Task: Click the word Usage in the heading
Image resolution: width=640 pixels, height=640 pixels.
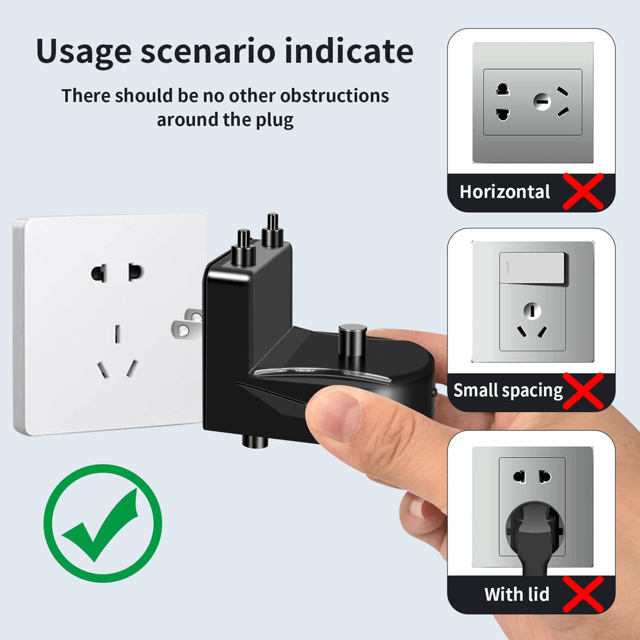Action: point(84,52)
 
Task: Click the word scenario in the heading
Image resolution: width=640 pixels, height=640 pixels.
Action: point(208,52)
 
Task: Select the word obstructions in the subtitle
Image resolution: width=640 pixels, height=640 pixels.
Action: point(334,96)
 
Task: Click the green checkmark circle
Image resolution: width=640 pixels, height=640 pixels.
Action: point(102,523)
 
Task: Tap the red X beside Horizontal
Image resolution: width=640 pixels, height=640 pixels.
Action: point(583,191)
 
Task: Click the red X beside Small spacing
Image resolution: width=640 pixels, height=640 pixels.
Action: point(583,391)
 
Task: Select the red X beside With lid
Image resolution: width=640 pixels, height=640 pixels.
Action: point(583,595)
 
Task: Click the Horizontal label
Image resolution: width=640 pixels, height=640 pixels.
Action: point(505,192)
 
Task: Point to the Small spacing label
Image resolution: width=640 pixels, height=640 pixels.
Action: point(508,391)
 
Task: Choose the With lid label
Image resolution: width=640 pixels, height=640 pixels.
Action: point(516,595)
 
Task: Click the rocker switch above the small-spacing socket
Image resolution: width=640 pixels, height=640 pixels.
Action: point(532,268)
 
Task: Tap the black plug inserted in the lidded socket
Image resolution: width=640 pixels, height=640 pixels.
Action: point(534,538)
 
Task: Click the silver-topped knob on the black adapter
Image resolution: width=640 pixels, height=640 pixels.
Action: point(352,340)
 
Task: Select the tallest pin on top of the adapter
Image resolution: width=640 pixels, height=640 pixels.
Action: point(272,230)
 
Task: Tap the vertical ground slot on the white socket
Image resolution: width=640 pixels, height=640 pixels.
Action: point(117,334)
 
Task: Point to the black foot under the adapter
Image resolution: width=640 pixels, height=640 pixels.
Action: point(255,441)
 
